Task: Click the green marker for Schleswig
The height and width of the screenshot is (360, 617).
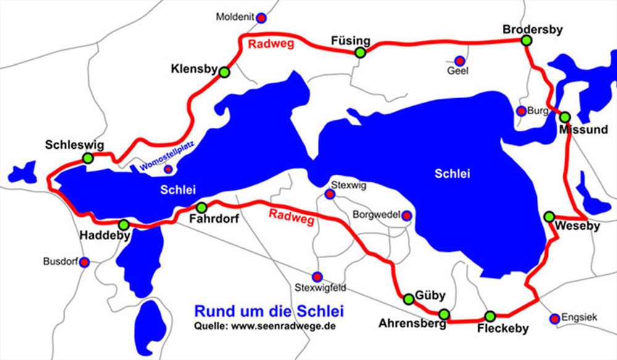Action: click(88, 158)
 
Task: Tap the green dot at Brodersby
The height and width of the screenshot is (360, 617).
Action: click(526, 41)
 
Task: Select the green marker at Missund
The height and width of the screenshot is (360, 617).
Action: click(565, 117)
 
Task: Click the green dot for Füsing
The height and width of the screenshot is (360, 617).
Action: click(360, 53)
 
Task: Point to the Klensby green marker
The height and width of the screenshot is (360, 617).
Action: click(224, 72)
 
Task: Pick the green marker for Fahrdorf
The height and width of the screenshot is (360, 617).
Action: click(201, 207)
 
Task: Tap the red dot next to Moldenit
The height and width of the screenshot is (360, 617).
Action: click(261, 17)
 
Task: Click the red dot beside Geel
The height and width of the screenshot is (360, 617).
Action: click(459, 60)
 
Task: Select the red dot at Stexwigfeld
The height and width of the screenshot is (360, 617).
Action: click(317, 276)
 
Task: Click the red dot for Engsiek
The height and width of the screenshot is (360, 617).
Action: click(554, 318)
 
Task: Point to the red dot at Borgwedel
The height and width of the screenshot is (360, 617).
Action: click(407, 215)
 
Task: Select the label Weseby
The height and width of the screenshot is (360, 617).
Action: click(577, 226)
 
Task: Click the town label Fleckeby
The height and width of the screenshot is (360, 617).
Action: click(503, 329)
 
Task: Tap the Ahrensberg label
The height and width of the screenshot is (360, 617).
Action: click(412, 324)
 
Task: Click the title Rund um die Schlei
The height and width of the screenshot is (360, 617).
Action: click(268, 310)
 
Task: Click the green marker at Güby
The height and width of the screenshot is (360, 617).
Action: click(408, 299)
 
